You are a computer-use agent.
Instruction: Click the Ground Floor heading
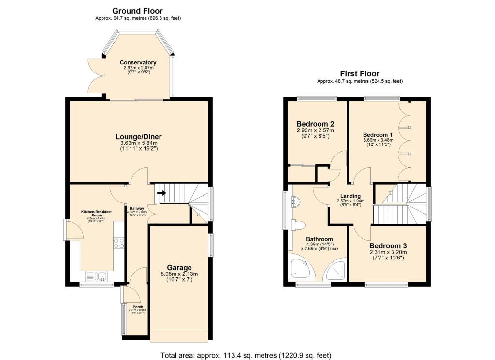point(137,11)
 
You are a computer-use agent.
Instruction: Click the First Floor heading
point(360,73)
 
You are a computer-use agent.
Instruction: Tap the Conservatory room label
point(138,63)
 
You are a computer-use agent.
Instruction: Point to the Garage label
point(179,267)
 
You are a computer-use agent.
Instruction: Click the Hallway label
point(136,208)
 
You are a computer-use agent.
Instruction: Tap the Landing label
point(350,196)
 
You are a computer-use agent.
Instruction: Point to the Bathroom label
point(319,239)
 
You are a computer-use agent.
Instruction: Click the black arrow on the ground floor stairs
point(161,193)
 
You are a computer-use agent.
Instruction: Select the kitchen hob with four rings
point(118,243)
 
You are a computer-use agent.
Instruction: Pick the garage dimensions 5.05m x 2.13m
point(179,274)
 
